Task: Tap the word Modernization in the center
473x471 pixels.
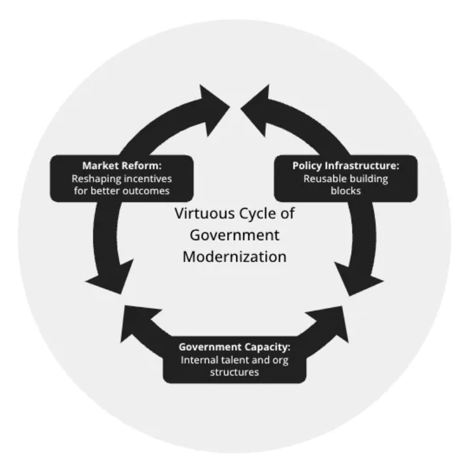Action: coord(234,256)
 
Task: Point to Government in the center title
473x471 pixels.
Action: coord(234,235)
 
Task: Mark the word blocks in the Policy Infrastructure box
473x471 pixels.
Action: coord(346,190)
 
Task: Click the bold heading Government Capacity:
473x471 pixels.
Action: coord(234,347)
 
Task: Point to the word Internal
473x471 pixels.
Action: coord(199,360)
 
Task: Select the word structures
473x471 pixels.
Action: coord(234,372)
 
